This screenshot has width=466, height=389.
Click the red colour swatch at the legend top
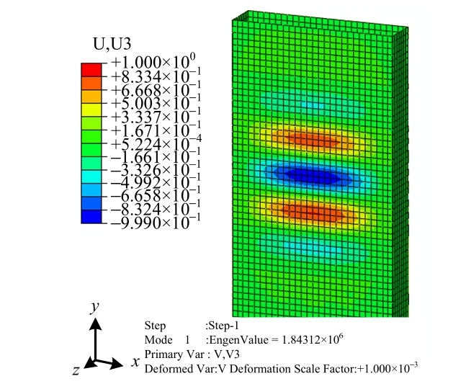91,69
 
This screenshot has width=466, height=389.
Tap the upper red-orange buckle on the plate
311,136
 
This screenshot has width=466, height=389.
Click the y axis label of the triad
94,307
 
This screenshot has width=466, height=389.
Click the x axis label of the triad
135,362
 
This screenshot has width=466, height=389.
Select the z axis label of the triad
76,370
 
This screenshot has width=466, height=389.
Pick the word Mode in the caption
157,339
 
